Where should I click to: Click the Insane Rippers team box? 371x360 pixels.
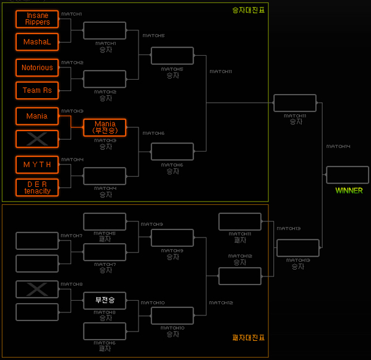pos(37,19)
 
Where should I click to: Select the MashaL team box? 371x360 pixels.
pos(37,42)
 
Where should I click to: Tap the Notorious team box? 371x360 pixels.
pos(37,67)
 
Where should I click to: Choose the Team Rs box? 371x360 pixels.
pos(37,90)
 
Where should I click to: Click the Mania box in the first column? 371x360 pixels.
pos(37,116)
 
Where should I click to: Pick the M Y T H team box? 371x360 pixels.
pos(37,165)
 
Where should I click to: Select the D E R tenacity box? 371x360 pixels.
pos(37,187)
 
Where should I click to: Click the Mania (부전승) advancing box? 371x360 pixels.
pos(104,127)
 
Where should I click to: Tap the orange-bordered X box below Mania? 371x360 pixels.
pos(37,139)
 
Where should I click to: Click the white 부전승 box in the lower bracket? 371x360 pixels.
pos(104,301)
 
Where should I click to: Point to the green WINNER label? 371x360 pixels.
pos(349,191)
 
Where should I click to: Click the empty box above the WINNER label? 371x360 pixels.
pos(348,175)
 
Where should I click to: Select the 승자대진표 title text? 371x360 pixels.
pos(248,10)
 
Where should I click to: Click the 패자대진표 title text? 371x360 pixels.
pos(248,338)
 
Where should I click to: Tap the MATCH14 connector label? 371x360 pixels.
pos(338,147)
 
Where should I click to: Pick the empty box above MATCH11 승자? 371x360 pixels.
pos(294,103)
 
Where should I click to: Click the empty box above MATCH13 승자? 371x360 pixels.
pos(298,248)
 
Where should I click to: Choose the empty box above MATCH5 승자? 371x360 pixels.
pos(173,56)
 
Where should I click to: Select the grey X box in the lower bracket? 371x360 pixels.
pos(37,289)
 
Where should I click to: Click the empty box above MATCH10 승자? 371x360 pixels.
pos(173,315)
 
